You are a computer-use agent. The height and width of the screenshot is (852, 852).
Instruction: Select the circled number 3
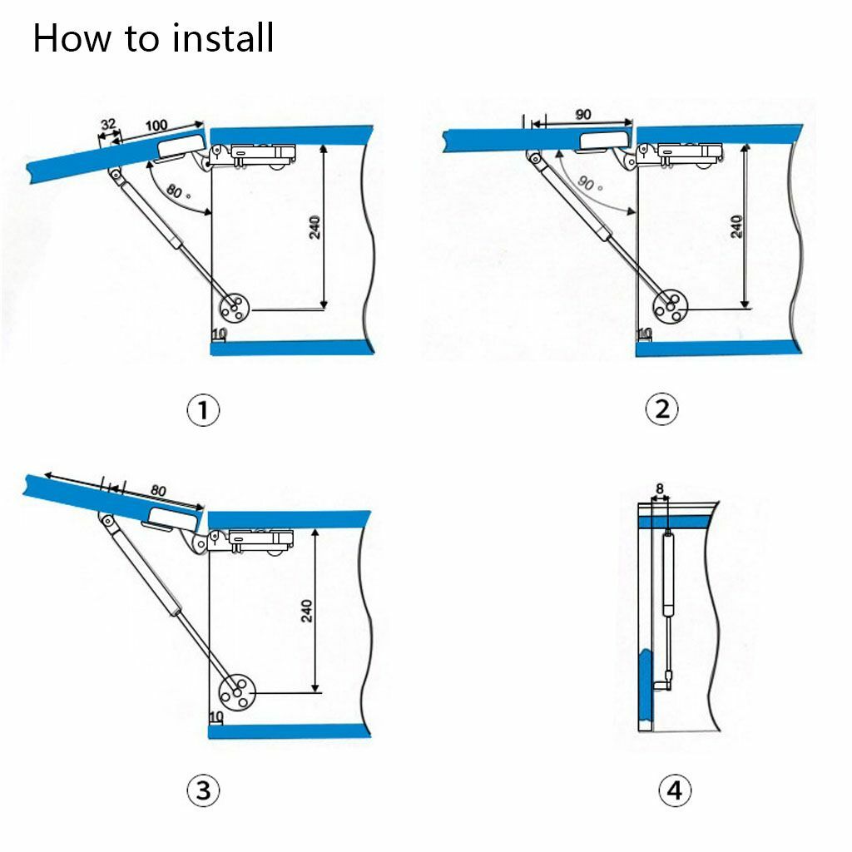203,790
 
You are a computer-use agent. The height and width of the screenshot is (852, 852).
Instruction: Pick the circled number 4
675,790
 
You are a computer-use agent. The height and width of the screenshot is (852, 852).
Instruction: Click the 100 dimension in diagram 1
156,126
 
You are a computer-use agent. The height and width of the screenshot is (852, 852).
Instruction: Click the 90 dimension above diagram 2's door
582,115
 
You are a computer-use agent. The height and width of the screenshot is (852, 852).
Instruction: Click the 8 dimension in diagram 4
659,488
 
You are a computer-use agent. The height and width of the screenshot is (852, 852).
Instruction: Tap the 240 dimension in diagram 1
315,226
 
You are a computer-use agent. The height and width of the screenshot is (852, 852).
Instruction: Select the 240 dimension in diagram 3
307,611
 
